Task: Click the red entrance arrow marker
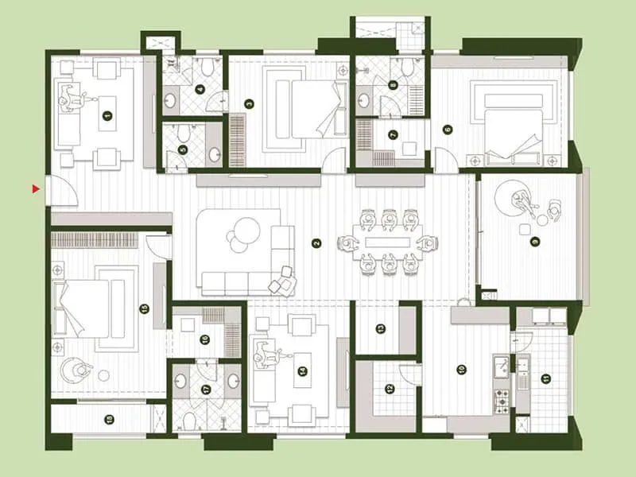pos(35,188)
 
